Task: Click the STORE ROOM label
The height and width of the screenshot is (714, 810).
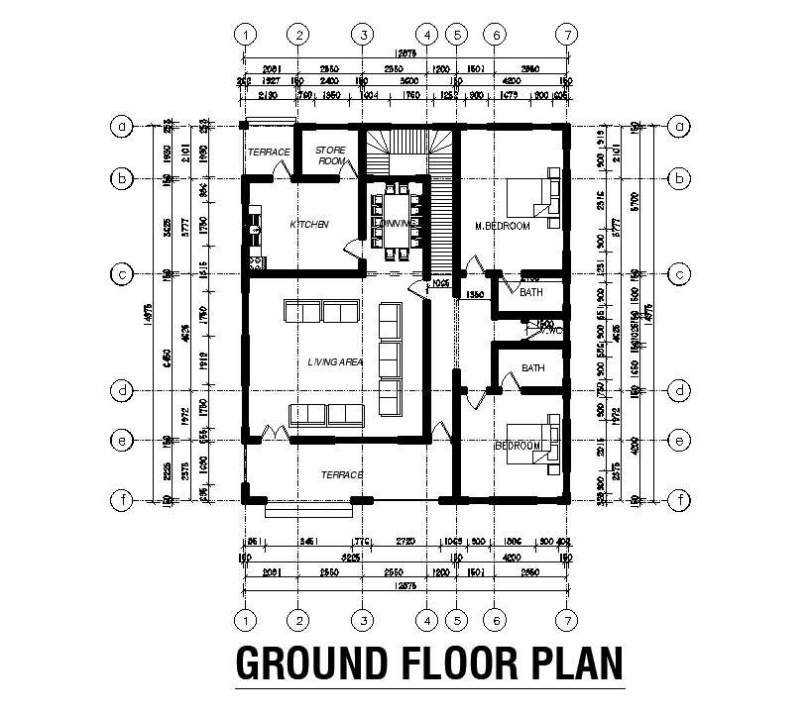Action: coord(330,154)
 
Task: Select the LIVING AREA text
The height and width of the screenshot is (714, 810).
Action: coord(335,362)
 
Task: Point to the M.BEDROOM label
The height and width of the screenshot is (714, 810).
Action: coord(503,226)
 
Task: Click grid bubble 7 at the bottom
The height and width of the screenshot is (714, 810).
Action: coord(566,620)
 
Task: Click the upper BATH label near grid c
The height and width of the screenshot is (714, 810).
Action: coord(532,293)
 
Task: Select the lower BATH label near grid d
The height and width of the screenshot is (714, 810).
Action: coord(533,368)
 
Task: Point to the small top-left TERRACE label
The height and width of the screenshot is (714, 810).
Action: coord(268,153)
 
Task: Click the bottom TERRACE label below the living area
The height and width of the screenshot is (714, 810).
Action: coord(342,475)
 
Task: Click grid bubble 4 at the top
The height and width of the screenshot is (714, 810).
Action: coord(426,34)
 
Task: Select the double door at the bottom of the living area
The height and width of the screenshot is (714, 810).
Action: coord(275,433)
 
